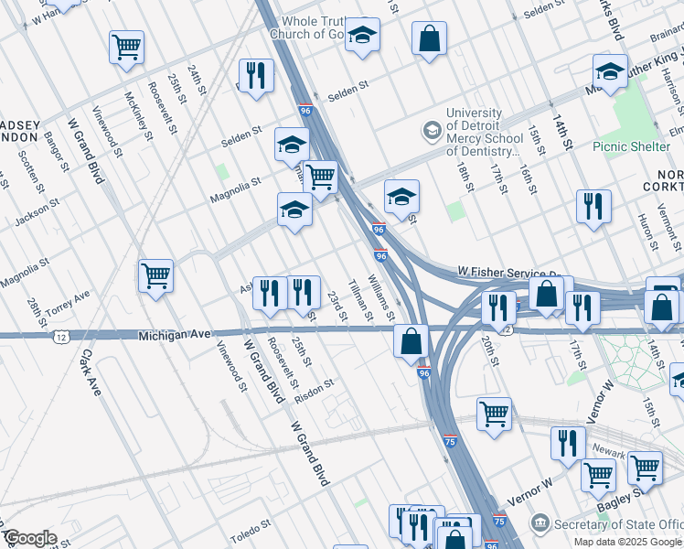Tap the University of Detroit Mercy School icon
pos(430,131)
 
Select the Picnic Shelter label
pos(631,145)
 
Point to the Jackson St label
pos(37,212)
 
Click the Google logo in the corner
pos(30,538)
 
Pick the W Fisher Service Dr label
pos(508,273)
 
